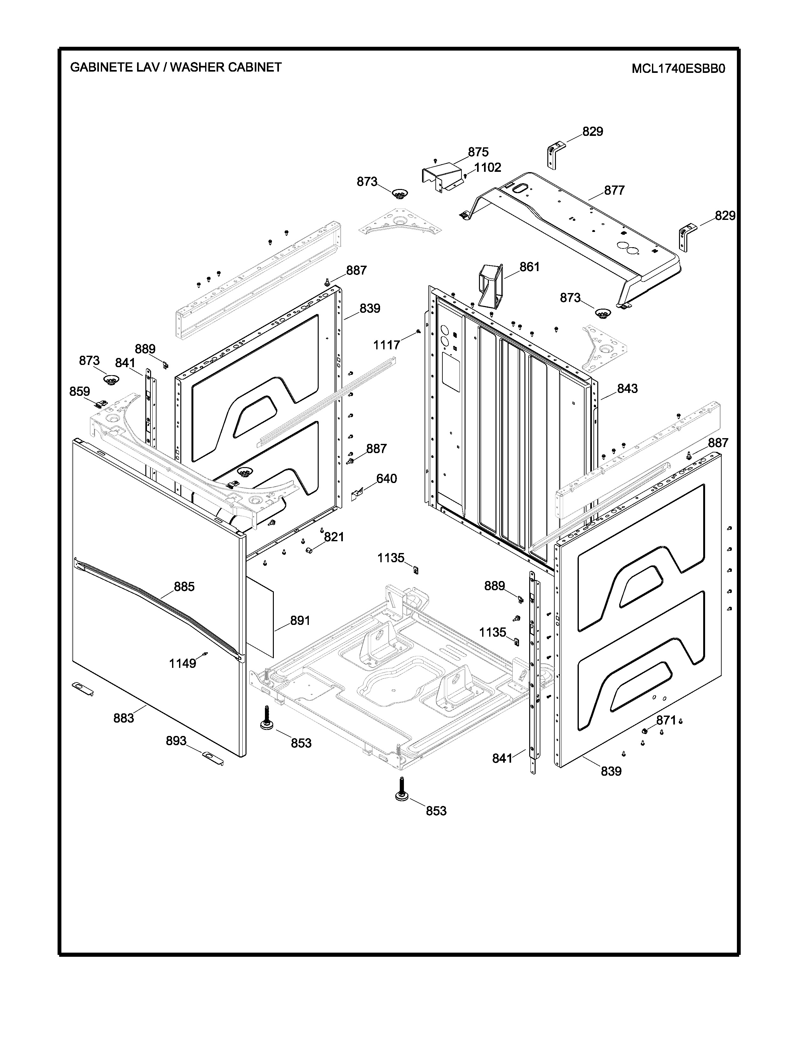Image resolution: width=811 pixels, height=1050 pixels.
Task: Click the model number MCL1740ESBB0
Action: tap(678, 69)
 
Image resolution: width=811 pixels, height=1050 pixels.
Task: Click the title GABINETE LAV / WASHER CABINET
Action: tap(176, 67)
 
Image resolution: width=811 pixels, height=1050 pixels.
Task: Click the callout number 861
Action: tap(530, 267)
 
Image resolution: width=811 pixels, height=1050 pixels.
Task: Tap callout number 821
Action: tap(334, 537)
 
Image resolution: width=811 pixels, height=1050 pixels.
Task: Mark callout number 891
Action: tap(300, 621)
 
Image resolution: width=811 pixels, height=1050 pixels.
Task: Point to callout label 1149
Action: tap(183, 663)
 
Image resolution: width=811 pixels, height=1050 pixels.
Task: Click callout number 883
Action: tap(123, 718)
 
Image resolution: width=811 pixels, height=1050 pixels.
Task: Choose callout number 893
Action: tap(176, 741)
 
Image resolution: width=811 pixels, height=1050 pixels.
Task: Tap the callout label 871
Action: tap(666, 720)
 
